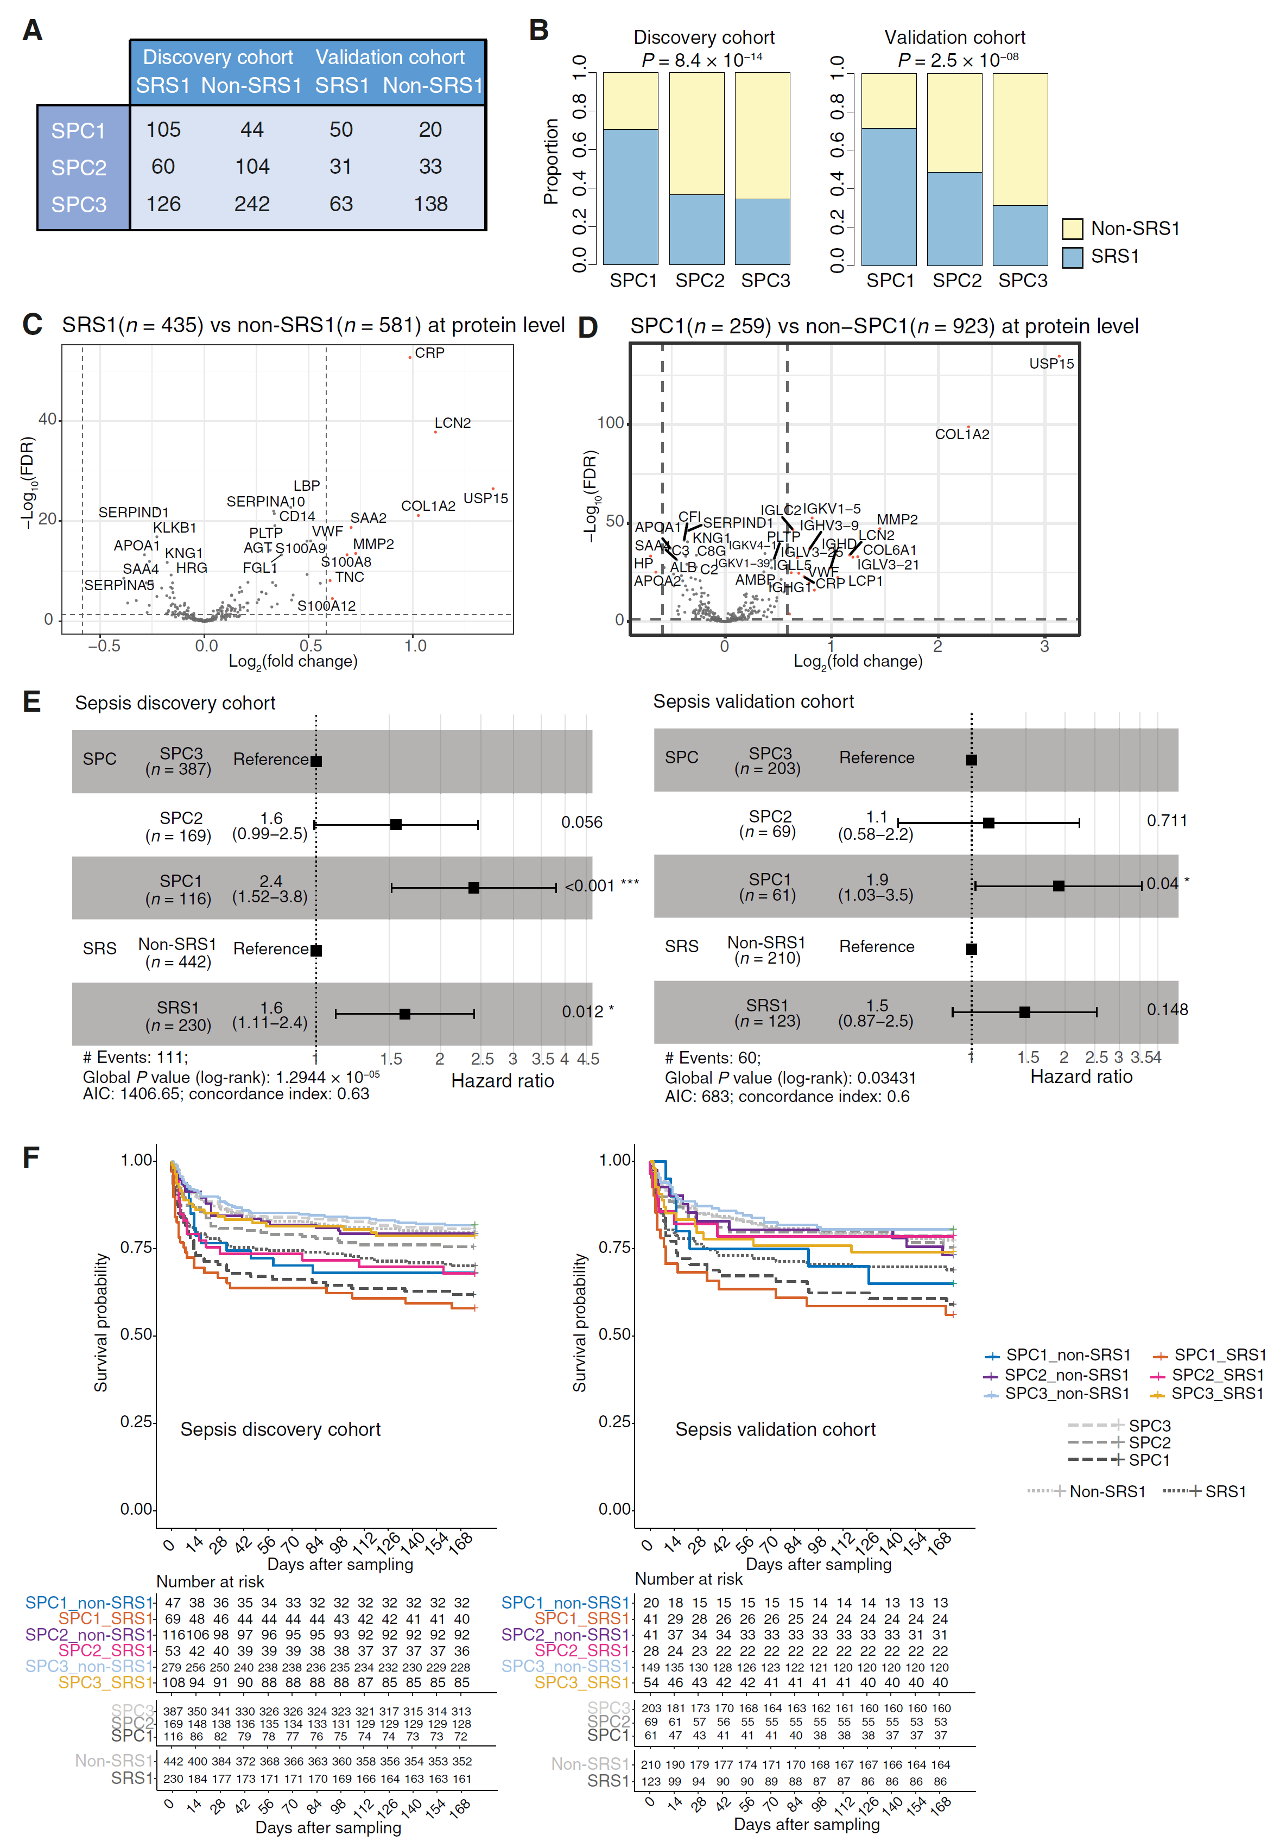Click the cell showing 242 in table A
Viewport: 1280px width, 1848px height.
[x=252, y=204]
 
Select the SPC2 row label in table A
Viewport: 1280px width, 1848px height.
[x=79, y=168]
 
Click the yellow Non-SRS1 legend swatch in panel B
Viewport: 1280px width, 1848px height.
[x=1072, y=229]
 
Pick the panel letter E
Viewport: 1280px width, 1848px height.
[x=31, y=702]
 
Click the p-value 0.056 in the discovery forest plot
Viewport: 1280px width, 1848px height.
[x=581, y=822]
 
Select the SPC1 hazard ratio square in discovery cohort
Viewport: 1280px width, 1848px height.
[x=474, y=888]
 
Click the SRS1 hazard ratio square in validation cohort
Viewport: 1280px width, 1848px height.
[x=1024, y=1012]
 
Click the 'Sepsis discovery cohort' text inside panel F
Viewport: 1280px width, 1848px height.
[x=280, y=1429]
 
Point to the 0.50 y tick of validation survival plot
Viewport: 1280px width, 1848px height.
[x=614, y=1334]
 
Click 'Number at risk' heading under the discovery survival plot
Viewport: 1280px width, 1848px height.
[x=210, y=1581]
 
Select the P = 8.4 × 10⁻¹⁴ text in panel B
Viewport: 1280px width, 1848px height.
[x=702, y=60]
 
